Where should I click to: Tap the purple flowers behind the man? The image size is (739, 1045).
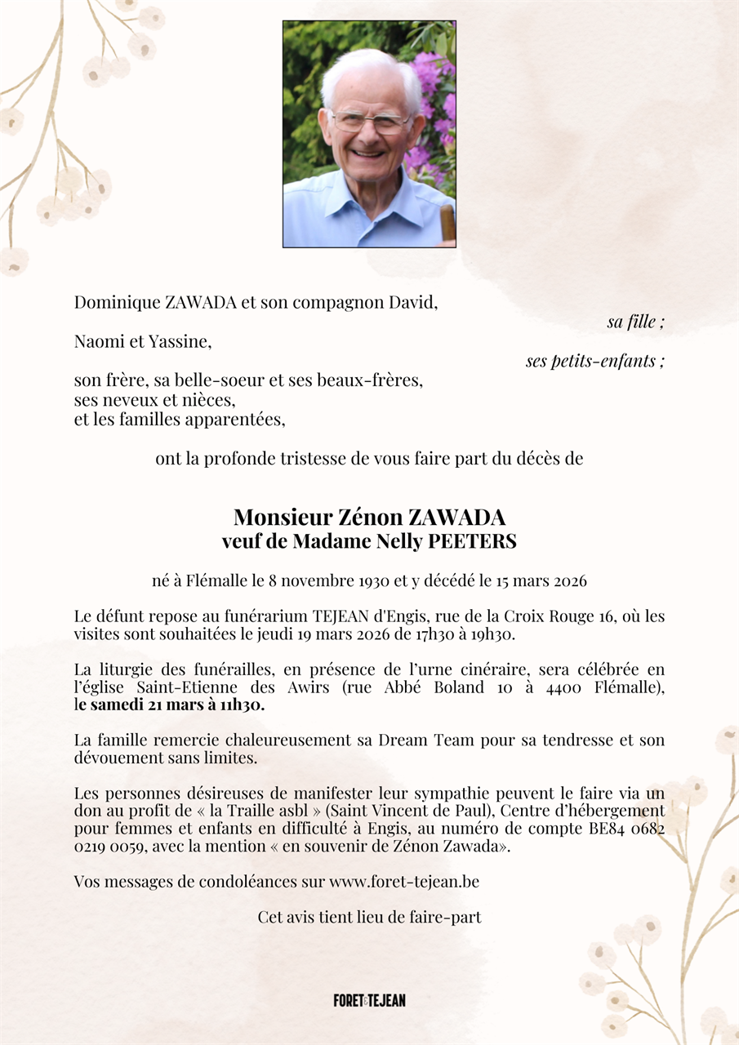pyautogui.click(x=433, y=106)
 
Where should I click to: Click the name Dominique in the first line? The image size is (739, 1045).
pyautogui.click(x=118, y=302)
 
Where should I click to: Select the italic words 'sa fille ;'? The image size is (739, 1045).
pyautogui.click(x=635, y=322)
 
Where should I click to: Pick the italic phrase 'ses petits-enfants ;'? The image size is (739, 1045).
pyautogui.click(x=594, y=361)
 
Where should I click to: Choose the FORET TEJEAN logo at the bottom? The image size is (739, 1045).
pyautogui.click(x=369, y=1000)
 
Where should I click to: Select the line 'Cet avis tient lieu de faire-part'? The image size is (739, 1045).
pyautogui.click(x=369, y=917)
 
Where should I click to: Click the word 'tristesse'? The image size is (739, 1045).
pyautogui.click(x=317, y=459)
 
